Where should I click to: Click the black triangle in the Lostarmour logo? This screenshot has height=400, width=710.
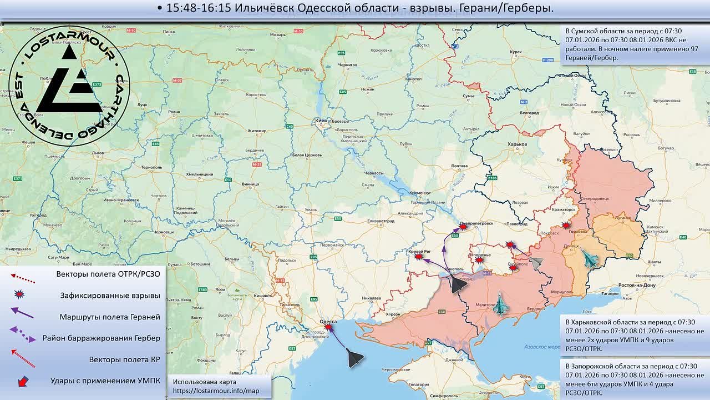pyautogui.click(x=70, y=83)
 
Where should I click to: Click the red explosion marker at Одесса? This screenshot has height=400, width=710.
pyautogui.click(x=328, y=328)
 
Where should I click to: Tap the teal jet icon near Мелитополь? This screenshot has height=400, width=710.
pyautogui.click(x=501, y=304)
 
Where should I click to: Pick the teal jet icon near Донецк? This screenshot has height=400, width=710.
pyautogui.click(x=590, y=259)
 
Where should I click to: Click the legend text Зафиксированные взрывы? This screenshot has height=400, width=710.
pyautogui.click(x=110, y=296)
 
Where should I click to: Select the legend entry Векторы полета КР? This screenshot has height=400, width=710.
pyautogui.click(x=124, y=359)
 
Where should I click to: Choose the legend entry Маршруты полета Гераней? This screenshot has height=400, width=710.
pyautogui.click(x=110, y=317)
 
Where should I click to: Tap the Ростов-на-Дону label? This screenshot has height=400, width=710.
pyautogui.click(x=637, y=285)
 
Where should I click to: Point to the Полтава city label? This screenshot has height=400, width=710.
pyautogui.click(x=460, y=166)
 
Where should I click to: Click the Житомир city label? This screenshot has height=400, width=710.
pyautogui.click(x=257, y=131)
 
